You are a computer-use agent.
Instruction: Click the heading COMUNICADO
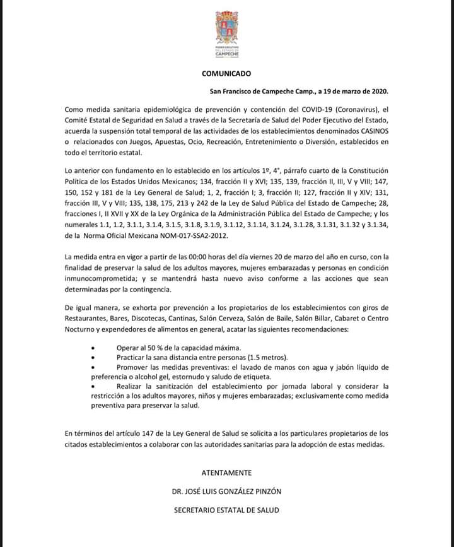click(x=226, y=74)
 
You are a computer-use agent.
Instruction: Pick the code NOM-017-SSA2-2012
click(x=196, y=236)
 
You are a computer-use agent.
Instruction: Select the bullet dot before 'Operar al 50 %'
click(x=94, y=348)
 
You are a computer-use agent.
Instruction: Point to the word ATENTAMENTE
click(x=226, y=473)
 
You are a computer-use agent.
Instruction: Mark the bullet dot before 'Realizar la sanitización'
click(x=94, y=385)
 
